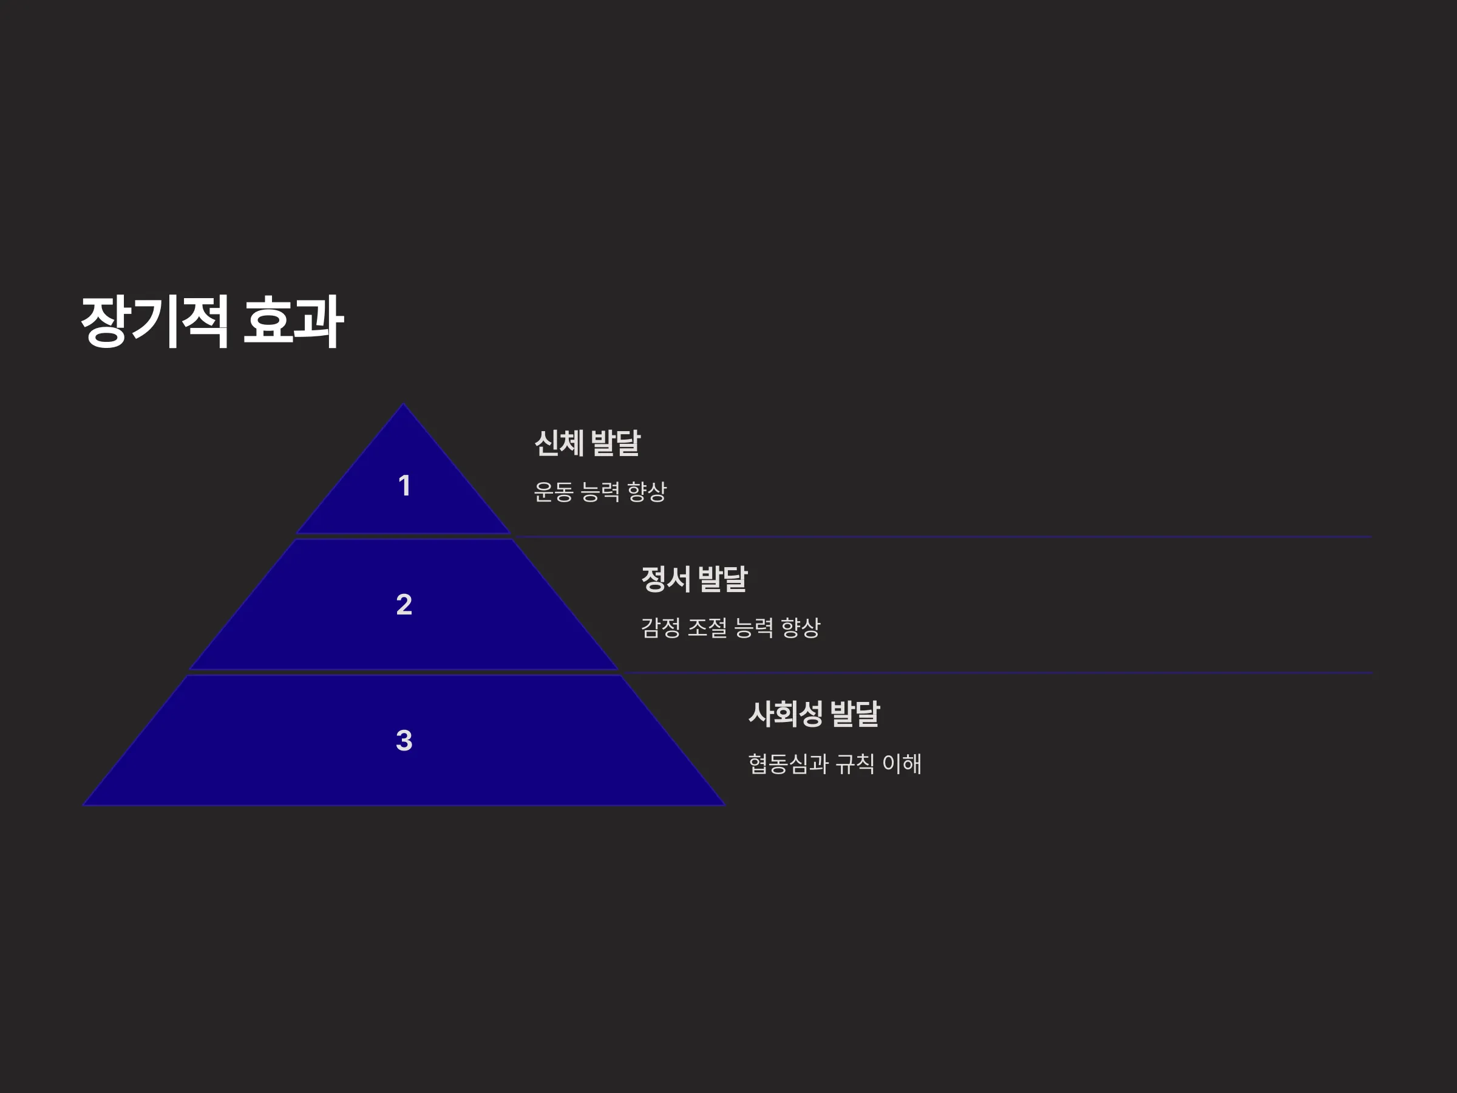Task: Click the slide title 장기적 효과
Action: (x=212, y=321)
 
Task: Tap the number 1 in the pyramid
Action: (x=404, y=486)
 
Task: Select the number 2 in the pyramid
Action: (x=404, y=604)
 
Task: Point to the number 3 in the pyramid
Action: (x=404, y=740)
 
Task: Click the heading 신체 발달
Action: (x=587, y=443)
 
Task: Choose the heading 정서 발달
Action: (x=695, y=579)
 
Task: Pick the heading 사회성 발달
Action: (x=814, y=714)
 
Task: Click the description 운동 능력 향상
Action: (x=600, y=491)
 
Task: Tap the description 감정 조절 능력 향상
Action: (x=730, y=627)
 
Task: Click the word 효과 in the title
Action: (x=293, y=321)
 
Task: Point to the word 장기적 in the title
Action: (x=155, y=321)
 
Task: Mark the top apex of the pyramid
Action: (x=404, y=404)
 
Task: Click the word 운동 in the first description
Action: (x=553, y=491)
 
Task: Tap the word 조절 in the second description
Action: (x=707, y=627)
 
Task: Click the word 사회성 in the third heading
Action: (x=786, y=714)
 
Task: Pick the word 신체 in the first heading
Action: (x=559, y=443)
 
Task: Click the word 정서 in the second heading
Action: (x=666, y=579)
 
